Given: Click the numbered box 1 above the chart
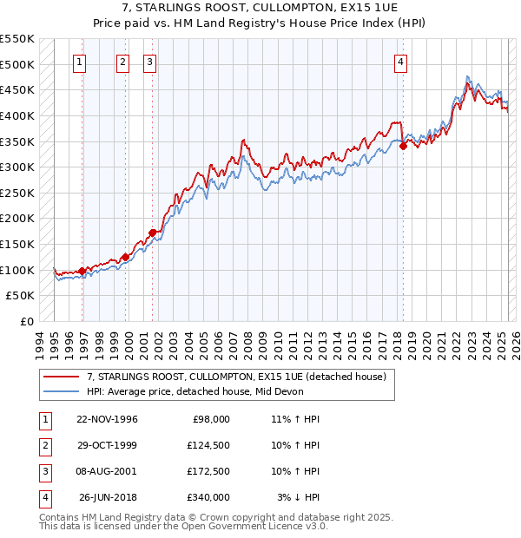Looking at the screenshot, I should (x=79, y=62).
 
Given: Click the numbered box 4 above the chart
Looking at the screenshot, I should (x=400, y=62).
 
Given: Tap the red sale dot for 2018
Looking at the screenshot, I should (x=404, y=147).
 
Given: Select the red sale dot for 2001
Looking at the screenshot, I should (x=153, y=233).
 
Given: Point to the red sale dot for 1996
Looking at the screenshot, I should (x=82, y=271).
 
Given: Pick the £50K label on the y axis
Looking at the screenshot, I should (x=21, y=296).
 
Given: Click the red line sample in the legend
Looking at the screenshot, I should (x=61, y=377).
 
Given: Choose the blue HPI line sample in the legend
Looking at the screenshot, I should (x=61, y=391).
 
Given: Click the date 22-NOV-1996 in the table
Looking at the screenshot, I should (x=107, y=419).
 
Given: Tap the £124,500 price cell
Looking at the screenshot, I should (x=208, y=445).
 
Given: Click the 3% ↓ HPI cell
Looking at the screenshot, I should (x=300, y=497).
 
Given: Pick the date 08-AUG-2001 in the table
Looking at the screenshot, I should (x=107, y=471).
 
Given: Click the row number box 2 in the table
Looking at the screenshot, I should (x=43, y=445).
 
